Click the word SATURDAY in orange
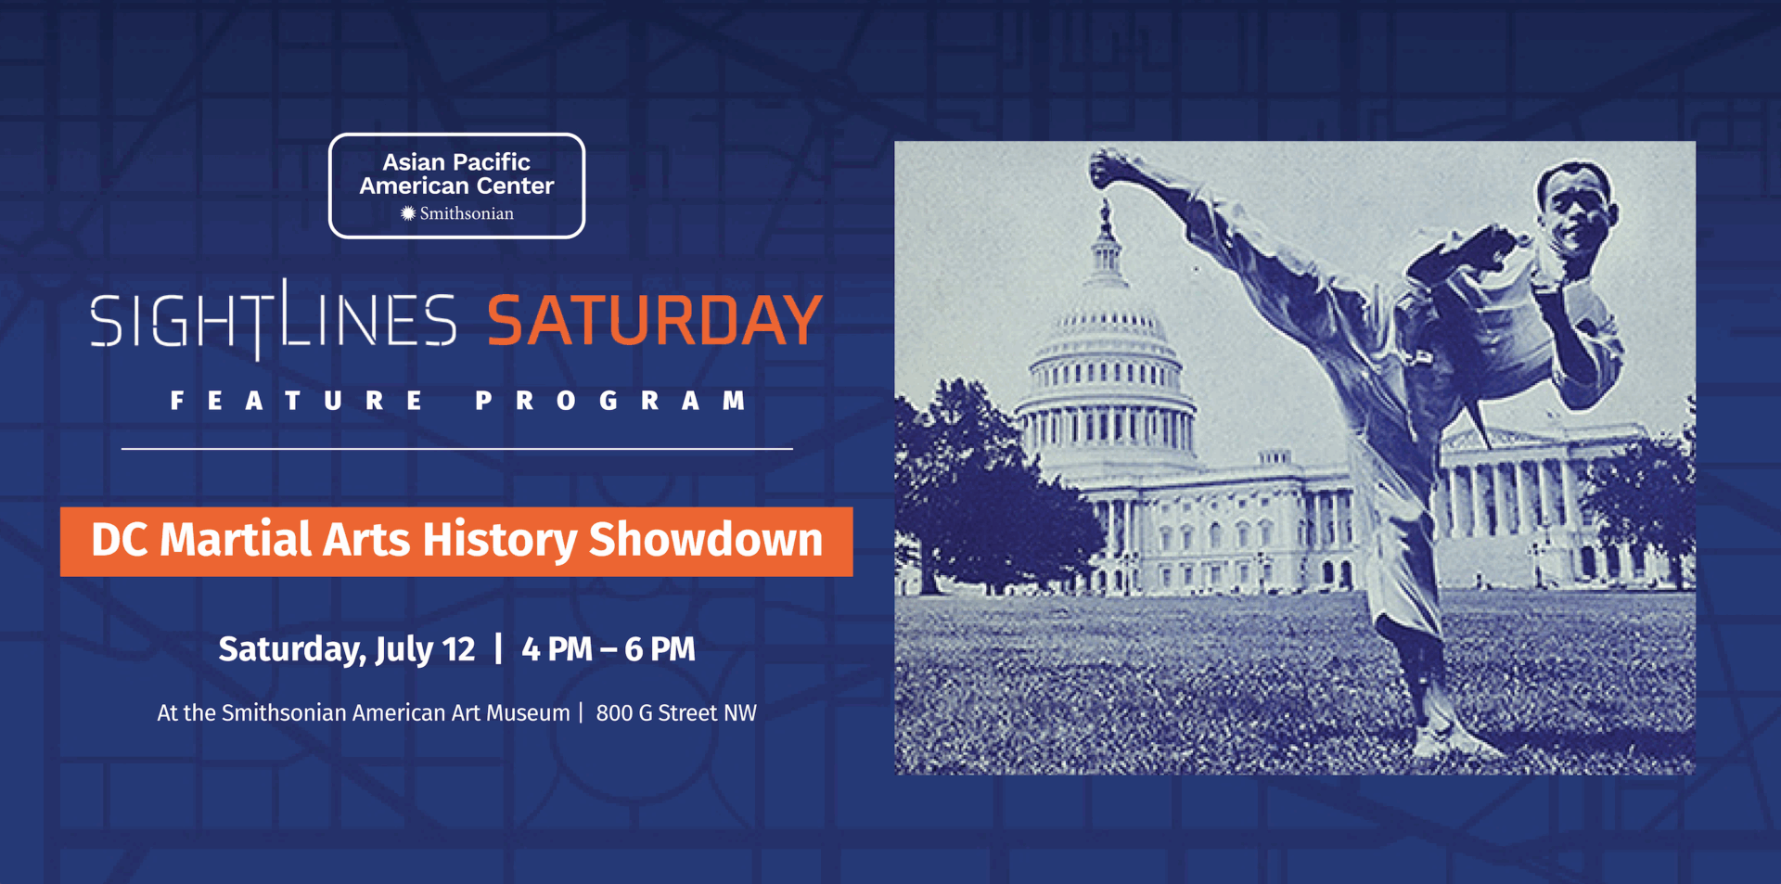point(655,320)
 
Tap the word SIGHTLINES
point(274,319)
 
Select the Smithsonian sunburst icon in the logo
point(407,213)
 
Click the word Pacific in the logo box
point(492,162)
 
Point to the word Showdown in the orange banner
point(706,540)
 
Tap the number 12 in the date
point(458,649)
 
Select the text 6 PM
point(660,649)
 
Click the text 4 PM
point(557,649)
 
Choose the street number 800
point(614,712)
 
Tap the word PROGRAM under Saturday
point(611,401)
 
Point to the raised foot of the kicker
point(1116,168)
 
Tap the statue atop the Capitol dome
point(1105,216)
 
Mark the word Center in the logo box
point(515,186)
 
